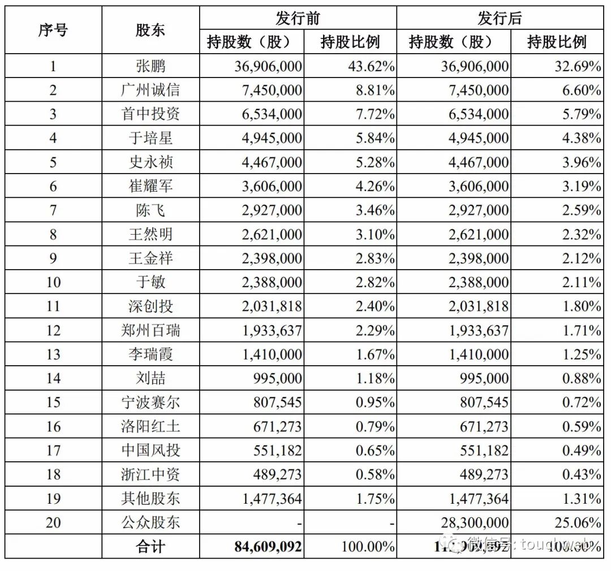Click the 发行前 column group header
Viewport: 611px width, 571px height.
(298, 19)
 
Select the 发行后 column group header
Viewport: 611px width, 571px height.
(500, 19)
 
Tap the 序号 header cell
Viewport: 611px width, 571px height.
(53, 31)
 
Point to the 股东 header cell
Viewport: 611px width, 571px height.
(150, 31)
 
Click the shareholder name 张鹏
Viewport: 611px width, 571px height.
(150, 66)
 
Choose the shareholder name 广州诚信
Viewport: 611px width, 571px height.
(150, 90)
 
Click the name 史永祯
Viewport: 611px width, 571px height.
(150, 162)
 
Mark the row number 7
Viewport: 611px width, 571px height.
(53, 210)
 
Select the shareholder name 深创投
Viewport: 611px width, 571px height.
(150, 306)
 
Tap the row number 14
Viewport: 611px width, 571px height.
(53, 378)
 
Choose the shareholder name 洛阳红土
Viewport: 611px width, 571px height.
(150, 426)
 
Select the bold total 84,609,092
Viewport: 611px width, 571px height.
(268, 547)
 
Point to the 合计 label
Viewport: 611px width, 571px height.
(150, 547)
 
